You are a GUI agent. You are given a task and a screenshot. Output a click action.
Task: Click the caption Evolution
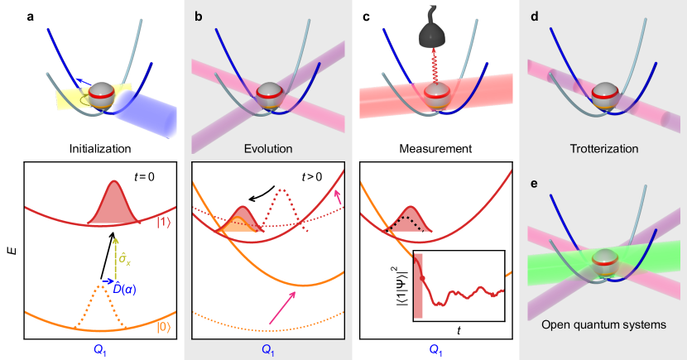(266, 150)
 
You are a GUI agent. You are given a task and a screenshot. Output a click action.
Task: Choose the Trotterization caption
(602, 150)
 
